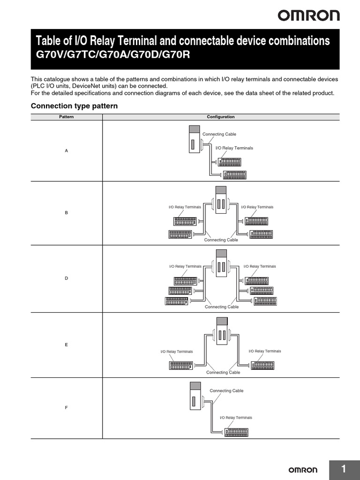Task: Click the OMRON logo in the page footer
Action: point(302,470)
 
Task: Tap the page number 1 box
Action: point(344,469)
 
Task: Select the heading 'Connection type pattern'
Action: point(74,106)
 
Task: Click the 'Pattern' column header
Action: point(66,117)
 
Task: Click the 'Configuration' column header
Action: point(221,117)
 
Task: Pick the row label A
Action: point(66,150)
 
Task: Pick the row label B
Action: point(66,213)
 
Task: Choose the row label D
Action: point(66,278)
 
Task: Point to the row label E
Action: point(66,345)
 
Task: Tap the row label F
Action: point(66,407)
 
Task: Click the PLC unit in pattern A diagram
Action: point(194,139)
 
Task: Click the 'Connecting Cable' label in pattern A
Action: point(219,134)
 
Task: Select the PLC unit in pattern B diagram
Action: point(221,199)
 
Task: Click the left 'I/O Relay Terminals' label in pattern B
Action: point(185,207)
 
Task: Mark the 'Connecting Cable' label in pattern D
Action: point(222,307)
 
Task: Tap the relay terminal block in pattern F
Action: point(236,432)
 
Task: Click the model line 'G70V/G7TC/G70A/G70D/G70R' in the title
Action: point(114,54)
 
